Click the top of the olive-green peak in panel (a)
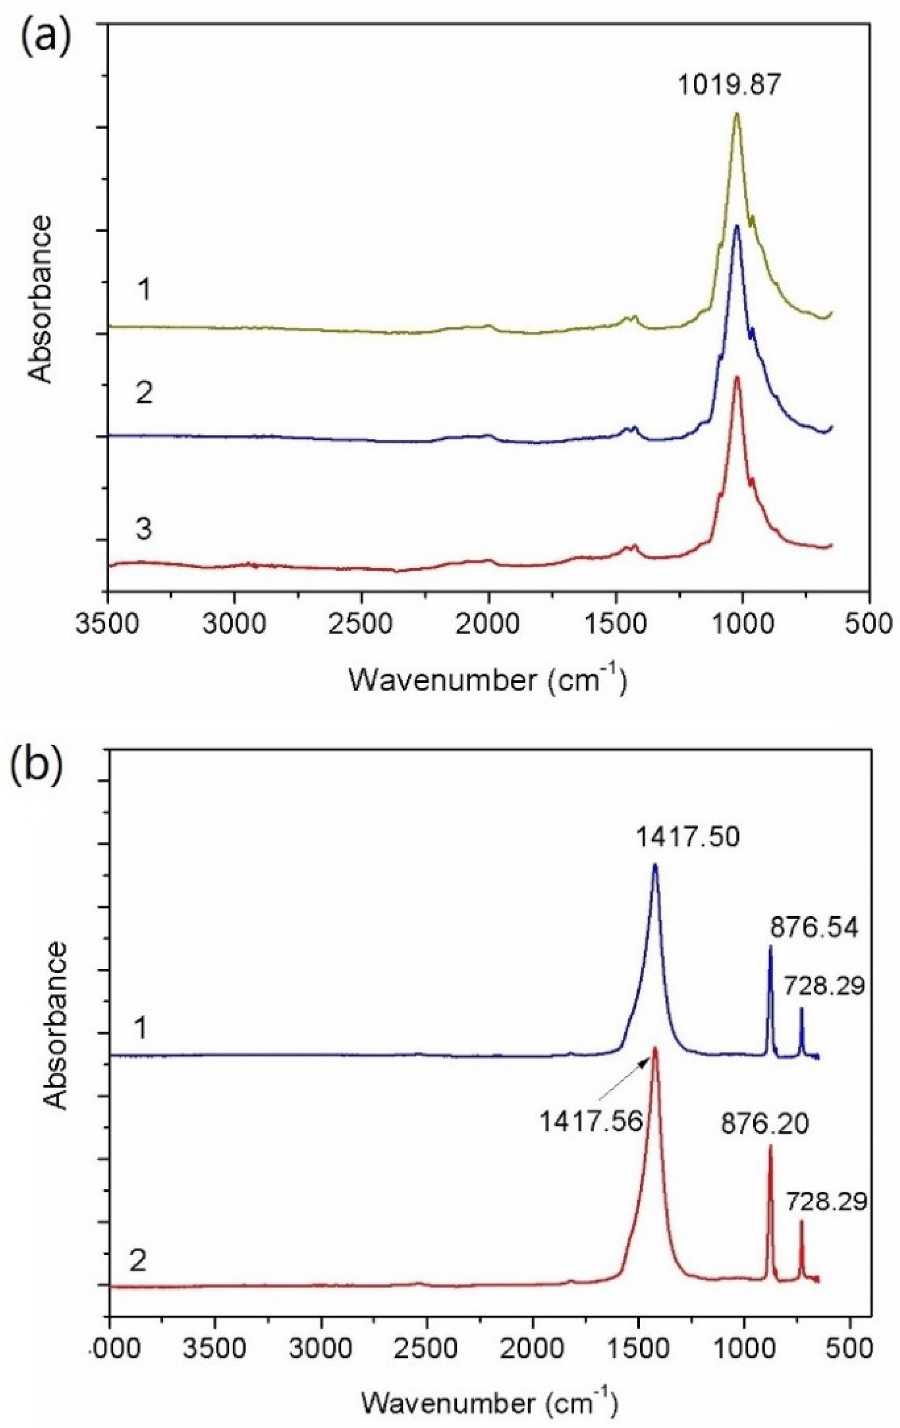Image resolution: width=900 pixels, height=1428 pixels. coord(736,114)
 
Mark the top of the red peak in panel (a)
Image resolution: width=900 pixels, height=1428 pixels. coord(736,377)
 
